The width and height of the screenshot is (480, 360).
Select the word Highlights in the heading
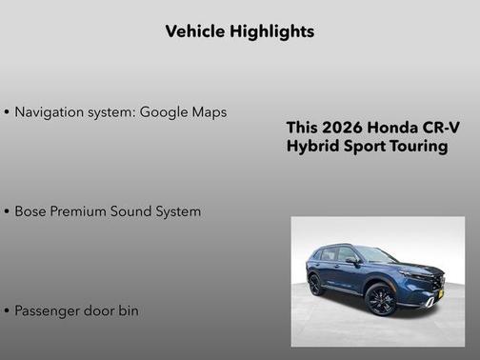pos(271,31)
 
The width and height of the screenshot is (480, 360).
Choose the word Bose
pos(32,211)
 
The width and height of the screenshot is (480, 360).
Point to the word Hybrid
pos(311,148)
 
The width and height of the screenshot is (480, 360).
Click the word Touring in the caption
pos(416,148)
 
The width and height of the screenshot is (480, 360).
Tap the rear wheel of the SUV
pos(315,285)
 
